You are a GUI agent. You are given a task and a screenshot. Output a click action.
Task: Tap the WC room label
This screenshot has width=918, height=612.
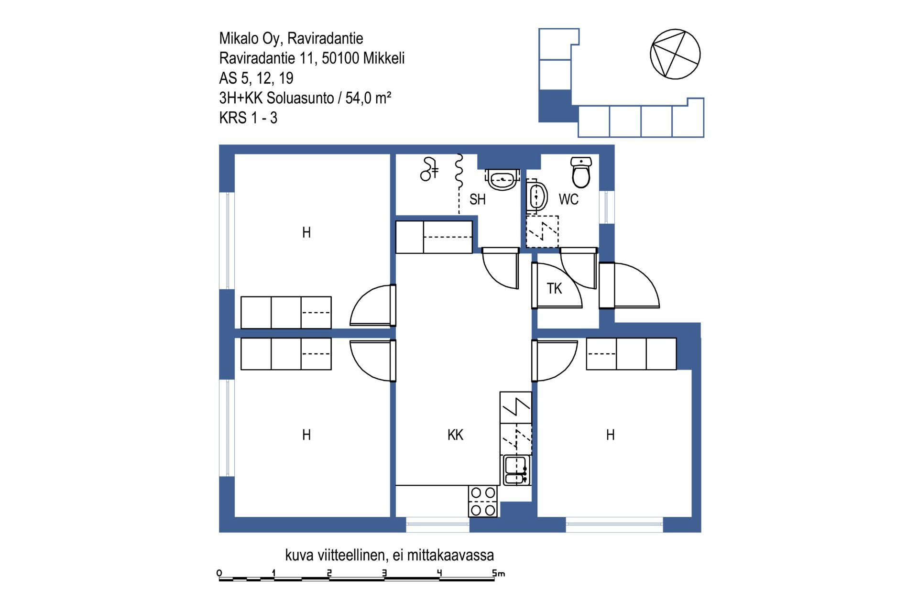[x=568, y=199]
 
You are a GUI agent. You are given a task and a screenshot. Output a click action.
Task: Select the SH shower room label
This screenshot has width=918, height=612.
[x=477, y=199]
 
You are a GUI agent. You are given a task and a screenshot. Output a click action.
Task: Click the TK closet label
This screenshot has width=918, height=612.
[x=554, y=288]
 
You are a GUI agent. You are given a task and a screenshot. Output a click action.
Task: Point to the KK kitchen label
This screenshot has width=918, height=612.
[x=455, y=435]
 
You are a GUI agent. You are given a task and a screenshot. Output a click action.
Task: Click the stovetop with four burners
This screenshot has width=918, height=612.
[x=483, y=501]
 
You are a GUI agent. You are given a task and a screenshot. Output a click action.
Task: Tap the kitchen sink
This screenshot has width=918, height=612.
[x=516, y=470]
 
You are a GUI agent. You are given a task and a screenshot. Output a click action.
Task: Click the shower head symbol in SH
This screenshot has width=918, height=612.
[x=429, y=169]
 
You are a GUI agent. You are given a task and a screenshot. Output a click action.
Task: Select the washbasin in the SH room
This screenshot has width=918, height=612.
[x=502, y=179]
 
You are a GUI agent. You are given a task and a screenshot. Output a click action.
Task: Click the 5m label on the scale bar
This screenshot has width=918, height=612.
[x=499, y=573]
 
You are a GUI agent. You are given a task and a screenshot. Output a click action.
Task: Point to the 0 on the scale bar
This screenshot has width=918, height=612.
[x=219, y=573]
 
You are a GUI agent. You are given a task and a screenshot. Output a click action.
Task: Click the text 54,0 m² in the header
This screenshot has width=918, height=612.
[x=368, y=98]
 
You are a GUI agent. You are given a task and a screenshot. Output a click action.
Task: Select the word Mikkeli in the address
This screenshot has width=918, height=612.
[x=384, y=58]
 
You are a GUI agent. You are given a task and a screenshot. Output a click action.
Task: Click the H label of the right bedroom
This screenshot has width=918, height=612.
[x=610, y=435]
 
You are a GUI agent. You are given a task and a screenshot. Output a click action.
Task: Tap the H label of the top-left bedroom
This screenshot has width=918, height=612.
[x=306, y=232]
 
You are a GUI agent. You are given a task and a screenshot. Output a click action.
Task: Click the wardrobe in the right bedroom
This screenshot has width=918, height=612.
[x=631, y=354]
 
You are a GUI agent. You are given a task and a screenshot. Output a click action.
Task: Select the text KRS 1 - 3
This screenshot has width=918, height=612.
[x=248, y=118]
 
